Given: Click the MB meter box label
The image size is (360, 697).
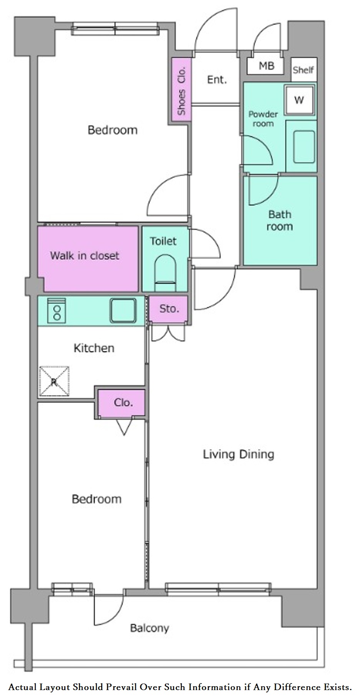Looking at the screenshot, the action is (x=266, y=66).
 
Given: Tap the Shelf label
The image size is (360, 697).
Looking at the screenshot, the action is (x=303, y=70).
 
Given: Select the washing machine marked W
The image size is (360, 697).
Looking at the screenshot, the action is (x=299, y=100).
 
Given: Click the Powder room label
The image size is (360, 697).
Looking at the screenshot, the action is (x=263, y=119).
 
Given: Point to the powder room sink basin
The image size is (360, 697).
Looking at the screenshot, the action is (x=304, y=146).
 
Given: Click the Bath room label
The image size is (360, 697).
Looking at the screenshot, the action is (x=280, y=220).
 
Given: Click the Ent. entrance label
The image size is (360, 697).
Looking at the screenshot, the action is (x=217, y=80).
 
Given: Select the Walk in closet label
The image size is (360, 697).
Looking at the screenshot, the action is (x=85, y=256).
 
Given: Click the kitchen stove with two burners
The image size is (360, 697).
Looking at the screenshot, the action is (x=57, y=311).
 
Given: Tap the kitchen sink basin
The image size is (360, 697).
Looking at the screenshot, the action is (x=123, y=310).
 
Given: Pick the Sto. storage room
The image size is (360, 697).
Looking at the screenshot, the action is (x=169, y=309).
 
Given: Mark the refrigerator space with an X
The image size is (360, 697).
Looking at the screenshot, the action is (x=54, y=381).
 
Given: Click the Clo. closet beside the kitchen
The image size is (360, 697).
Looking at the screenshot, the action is (x=121, y=403).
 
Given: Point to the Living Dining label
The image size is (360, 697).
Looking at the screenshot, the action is (x=239, y=454).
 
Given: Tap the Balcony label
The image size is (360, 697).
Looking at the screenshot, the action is (x=149, y=628).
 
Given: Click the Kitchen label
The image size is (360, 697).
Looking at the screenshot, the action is (x=94, y=348).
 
